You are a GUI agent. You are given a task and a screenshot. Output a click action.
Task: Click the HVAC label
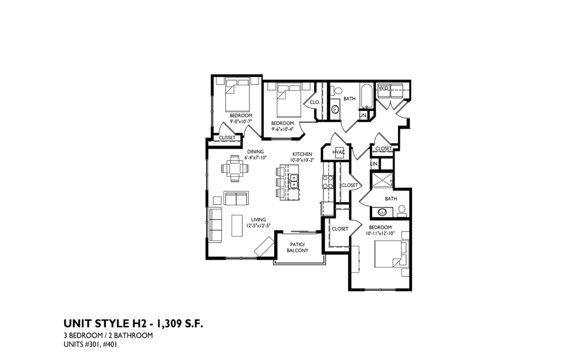tap(339, 152)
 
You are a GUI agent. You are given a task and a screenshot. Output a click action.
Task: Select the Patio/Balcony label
tap(297, 247)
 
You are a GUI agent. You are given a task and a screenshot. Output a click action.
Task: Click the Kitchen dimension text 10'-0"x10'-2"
tap(302, 160)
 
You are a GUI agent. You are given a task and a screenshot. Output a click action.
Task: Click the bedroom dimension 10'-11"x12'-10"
tap(380, 234)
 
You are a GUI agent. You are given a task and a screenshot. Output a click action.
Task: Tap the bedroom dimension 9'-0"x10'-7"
tap(241, 121)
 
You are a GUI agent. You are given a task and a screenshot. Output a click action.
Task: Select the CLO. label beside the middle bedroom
tap(315, 103)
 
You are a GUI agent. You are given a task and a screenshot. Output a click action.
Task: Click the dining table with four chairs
tap(236, 168)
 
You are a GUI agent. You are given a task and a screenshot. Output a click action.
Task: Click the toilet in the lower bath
tap(402, 209)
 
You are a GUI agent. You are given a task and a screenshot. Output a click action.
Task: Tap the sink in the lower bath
tap(382, 211)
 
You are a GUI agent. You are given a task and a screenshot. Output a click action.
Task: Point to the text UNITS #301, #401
tap(90, 345)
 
